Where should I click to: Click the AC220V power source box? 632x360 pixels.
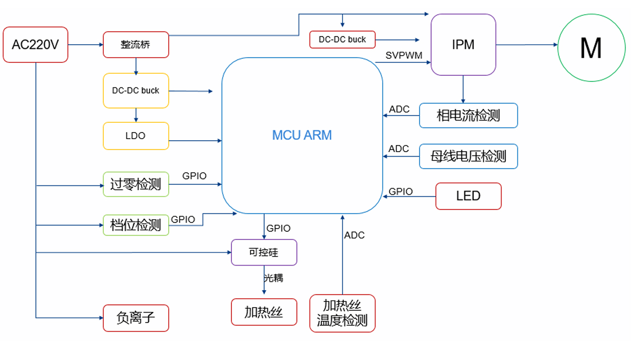(35, 45)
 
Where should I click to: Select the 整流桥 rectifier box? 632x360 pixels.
(136, 45)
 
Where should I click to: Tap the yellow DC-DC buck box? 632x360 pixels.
(136, 91)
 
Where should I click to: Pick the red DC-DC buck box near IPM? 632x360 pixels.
(342, 39)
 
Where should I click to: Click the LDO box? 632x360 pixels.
(136, 136)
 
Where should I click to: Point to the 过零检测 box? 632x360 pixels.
(136, 184)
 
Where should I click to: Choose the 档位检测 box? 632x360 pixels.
(136, 224)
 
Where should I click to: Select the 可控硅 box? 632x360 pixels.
(264, 253)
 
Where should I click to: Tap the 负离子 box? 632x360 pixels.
(136, 318)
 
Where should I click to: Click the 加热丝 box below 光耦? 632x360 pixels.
(264, 312)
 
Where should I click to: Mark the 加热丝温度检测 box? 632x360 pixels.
(342, 313)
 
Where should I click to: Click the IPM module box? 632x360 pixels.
(463, 45)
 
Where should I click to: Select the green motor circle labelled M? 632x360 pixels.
(591, 48)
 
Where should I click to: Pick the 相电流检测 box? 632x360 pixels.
(468, 115)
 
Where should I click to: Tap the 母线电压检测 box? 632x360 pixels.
(468, 157)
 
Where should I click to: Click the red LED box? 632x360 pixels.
(468, 196)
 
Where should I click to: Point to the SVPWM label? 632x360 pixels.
(404, 56)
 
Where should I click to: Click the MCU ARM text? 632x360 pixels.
(302, 135)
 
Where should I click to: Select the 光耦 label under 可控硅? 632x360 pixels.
(274, 278)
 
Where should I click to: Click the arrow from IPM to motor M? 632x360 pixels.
(527, 45)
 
